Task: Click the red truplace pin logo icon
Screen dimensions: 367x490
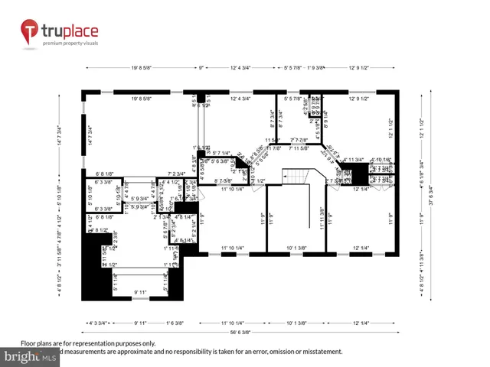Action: [x=28, y=32]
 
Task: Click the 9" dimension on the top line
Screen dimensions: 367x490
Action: [x=201, y=67]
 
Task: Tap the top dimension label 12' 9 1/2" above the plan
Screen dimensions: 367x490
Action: [x=358, y=67]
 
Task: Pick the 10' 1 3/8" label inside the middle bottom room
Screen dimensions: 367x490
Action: [x=296, y=248]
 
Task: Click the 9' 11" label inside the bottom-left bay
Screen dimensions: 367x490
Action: [x=141, y=292]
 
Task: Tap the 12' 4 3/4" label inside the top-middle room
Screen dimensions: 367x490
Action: [x=243, y=98]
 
